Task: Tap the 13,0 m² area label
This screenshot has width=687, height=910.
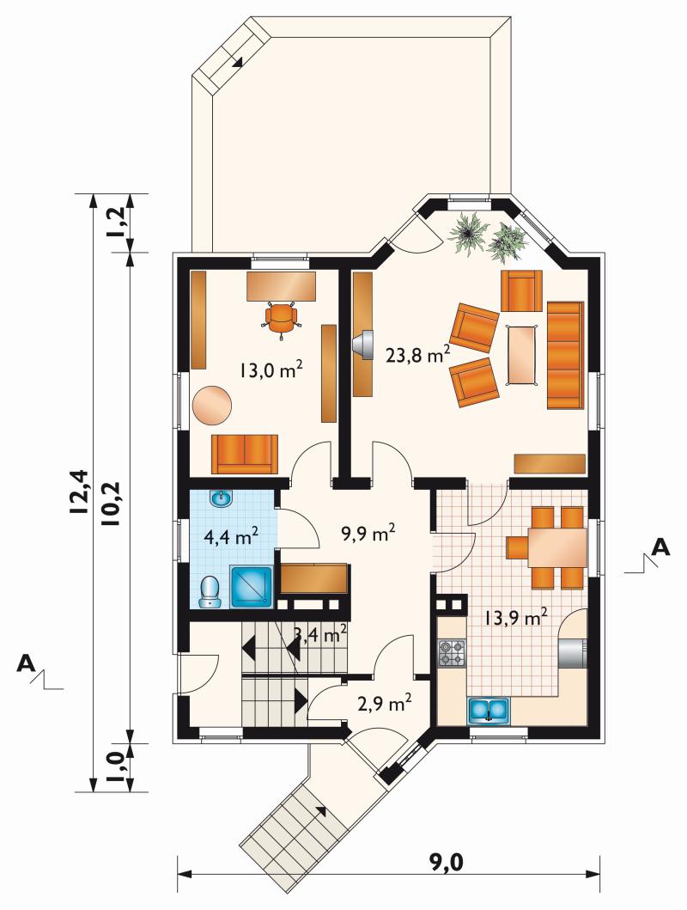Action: point(271,369)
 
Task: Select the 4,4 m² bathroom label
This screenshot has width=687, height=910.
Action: point(231,536)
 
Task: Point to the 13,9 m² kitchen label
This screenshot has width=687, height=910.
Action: point(517,618)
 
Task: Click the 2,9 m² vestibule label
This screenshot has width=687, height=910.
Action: point(385,704)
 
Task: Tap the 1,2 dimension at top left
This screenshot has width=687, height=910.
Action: point(116,222)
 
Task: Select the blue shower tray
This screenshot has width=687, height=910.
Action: point(252,587)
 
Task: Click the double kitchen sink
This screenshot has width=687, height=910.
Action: point(489,711)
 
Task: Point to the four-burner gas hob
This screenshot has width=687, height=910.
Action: point(451,652)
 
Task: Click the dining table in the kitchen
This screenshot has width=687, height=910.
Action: point(556,547)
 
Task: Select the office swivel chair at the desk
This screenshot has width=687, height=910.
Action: point(281,319)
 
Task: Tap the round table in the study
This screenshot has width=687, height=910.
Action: point(212,405)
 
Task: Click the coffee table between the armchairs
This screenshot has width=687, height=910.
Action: point(522,355)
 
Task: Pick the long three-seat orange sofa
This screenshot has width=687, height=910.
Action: point(565,355)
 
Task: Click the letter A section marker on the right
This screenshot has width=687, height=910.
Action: point(660,547)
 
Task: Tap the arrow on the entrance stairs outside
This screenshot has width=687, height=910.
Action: point(320,811)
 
